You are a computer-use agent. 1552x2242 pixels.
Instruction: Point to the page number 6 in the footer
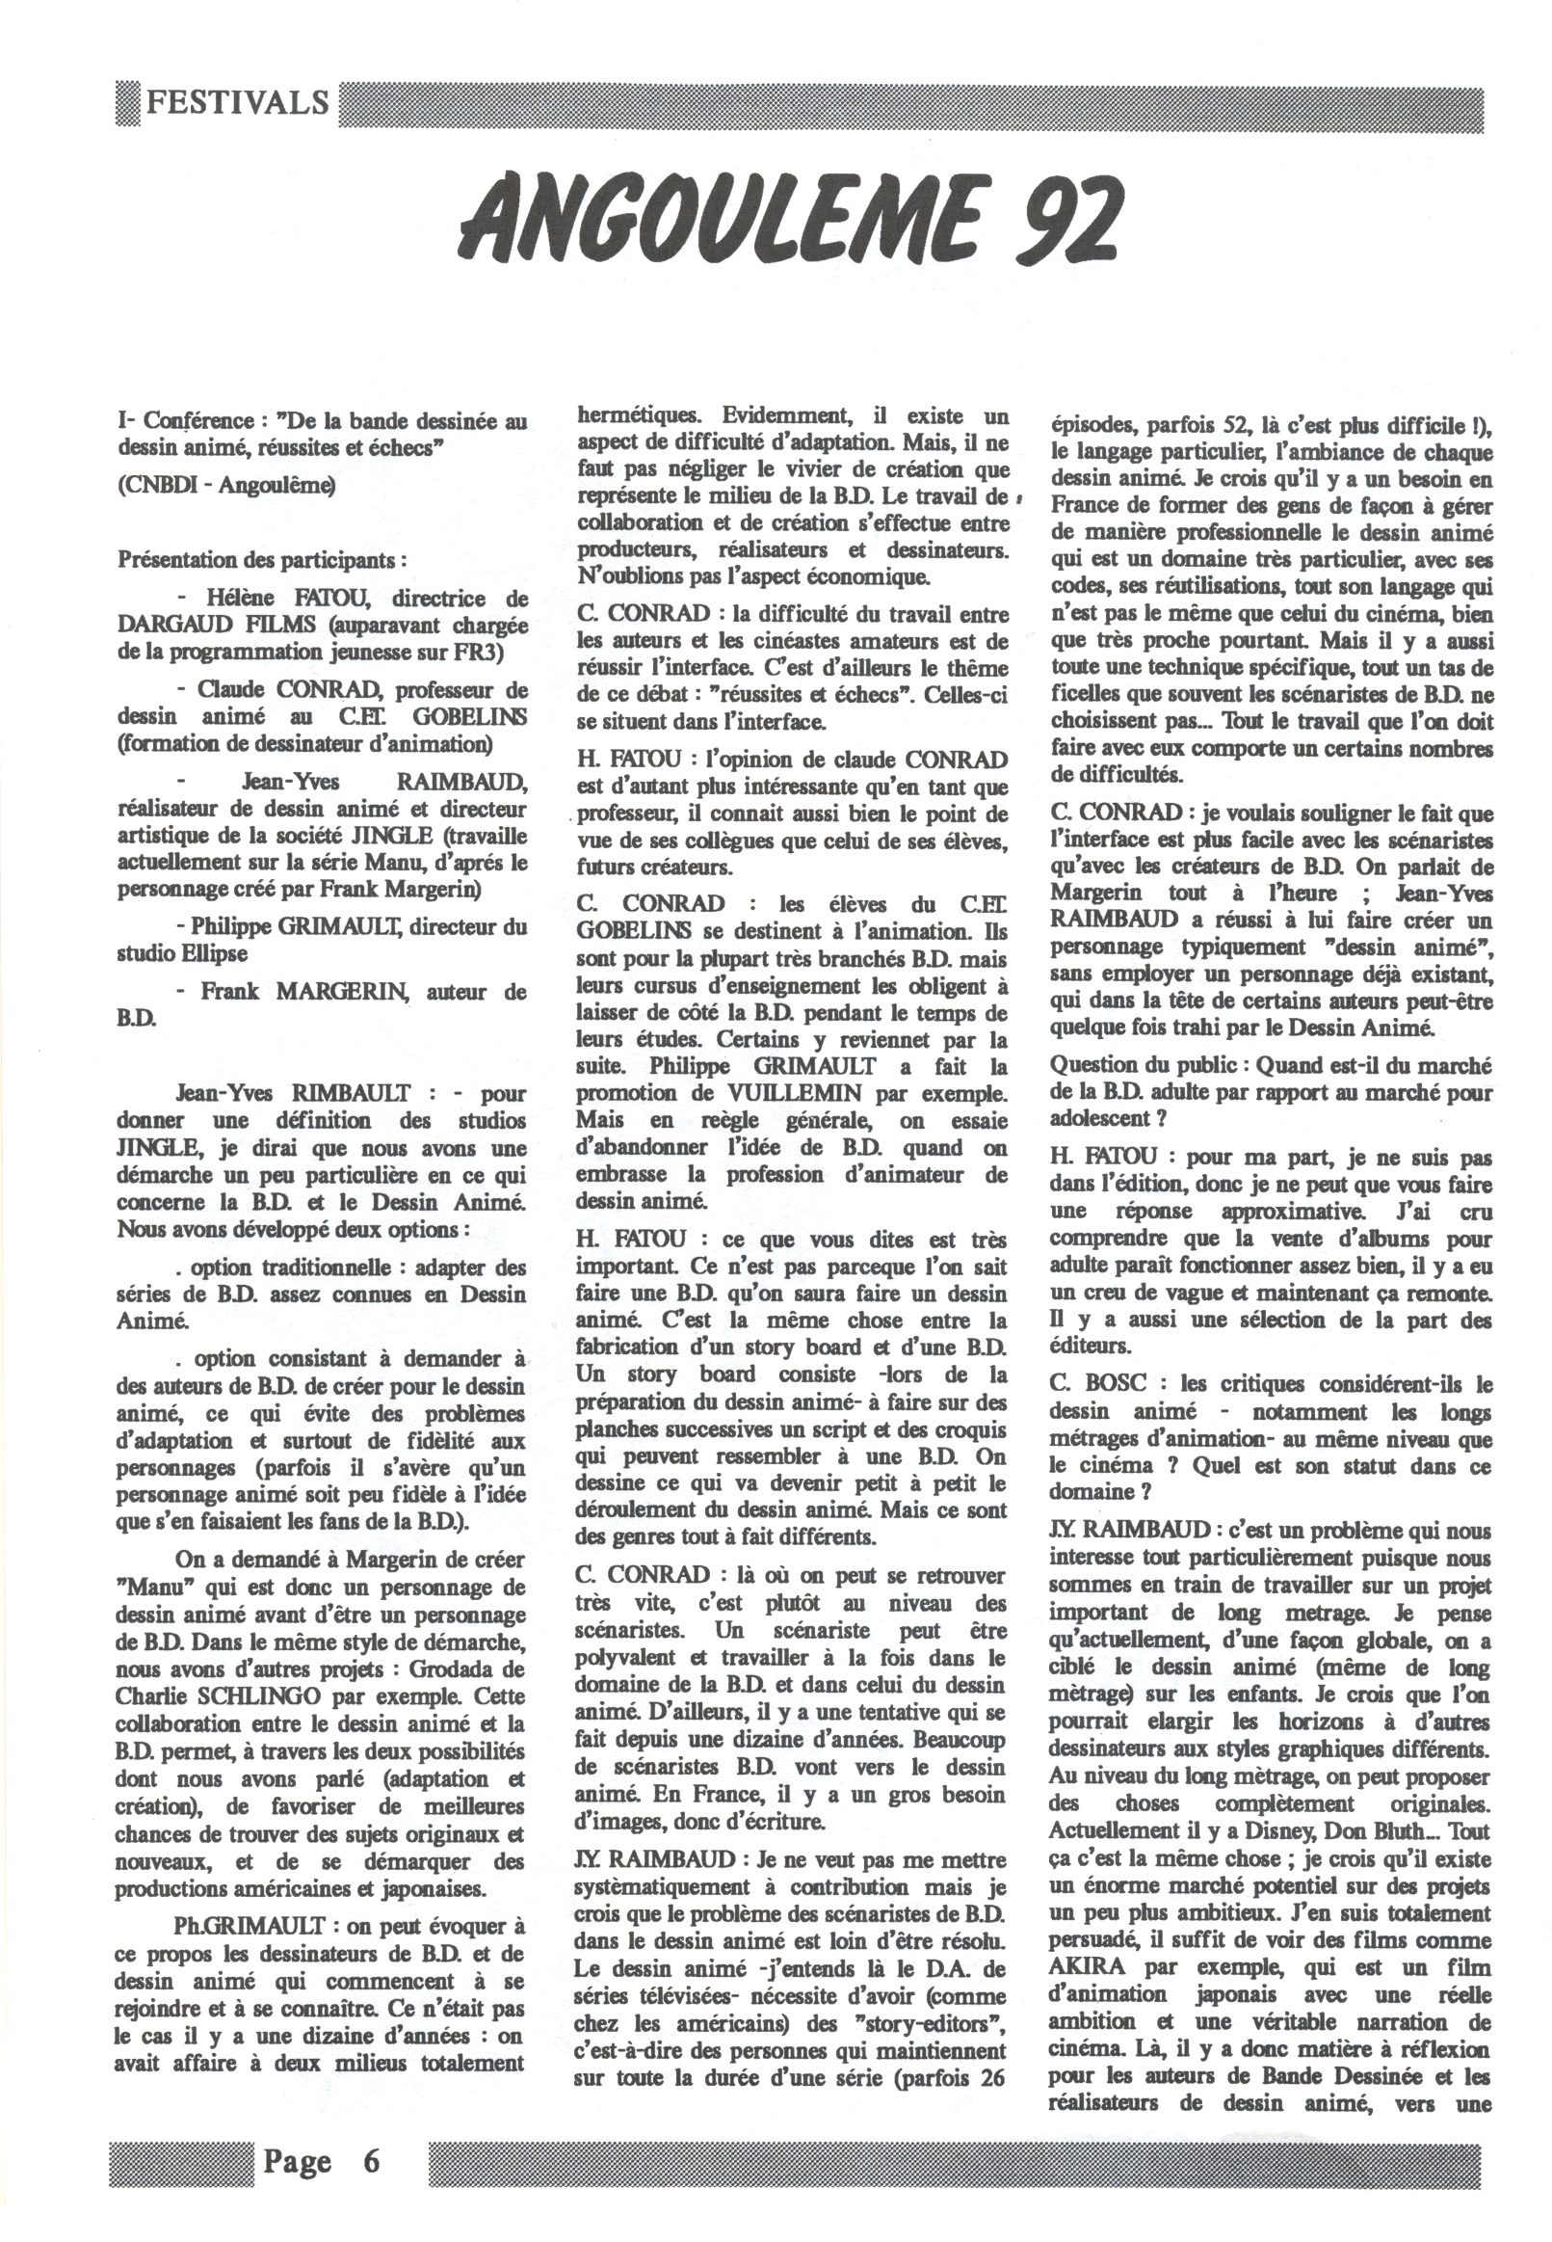point(371,2135)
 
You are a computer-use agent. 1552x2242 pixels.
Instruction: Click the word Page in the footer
point(298,2135)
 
